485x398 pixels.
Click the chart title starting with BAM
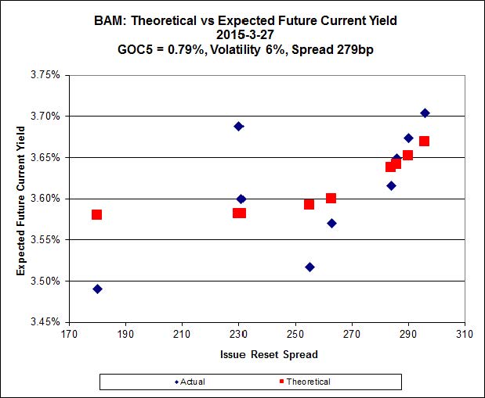(242, 20)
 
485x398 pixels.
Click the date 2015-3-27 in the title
(242, 34)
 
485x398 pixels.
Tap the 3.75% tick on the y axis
(44, 75)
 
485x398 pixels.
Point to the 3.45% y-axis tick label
(44, 321)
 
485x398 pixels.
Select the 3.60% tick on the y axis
(44, 199)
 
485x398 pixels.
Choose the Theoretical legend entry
(303, 382)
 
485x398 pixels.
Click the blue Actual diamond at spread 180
(97, 289)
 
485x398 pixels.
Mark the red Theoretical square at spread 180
(96, 214)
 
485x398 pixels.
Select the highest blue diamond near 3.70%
(425, 113)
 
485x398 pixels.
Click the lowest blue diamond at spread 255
(309, 267)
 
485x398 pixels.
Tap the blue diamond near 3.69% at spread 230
(239, 126)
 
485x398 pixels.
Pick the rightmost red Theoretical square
(424, 141)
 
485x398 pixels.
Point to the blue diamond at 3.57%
(331, 223)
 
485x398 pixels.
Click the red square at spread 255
(309, 204)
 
